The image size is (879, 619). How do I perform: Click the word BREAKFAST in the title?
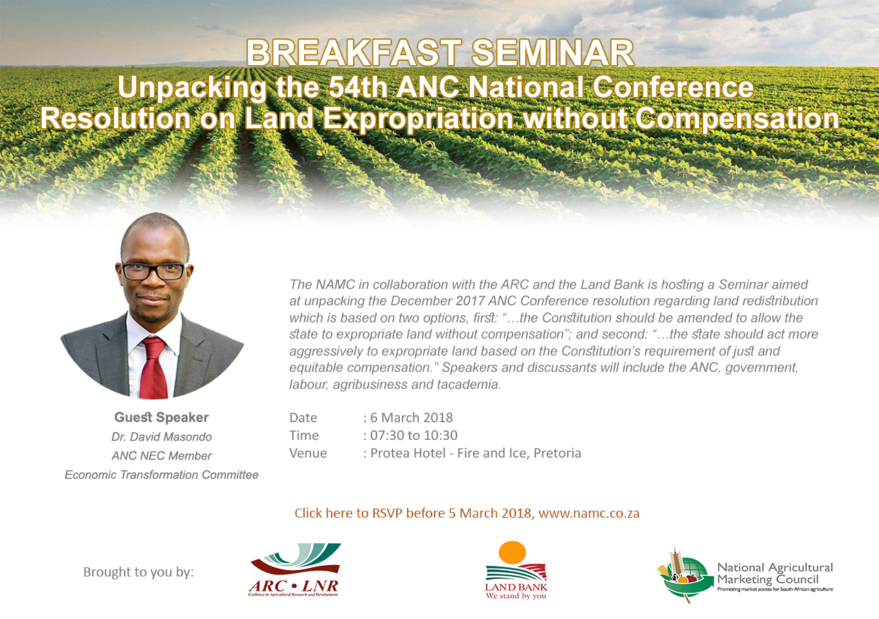(354, 53)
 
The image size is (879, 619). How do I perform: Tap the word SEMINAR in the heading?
(553, 53)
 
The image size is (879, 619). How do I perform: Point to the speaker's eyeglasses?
(154, 271)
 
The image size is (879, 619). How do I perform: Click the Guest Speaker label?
(162, 417)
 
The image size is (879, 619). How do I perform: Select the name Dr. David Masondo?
(162, 437)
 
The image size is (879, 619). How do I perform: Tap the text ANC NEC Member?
(162, 455)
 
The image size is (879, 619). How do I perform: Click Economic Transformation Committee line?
(162, 475)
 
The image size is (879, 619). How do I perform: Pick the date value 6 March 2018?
(412, 417)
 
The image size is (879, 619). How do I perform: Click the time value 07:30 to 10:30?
(414, 435)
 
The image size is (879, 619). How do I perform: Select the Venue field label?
(308, 453)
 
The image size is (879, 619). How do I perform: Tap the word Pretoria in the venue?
(557, 453)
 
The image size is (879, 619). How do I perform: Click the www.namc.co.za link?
(589, 513)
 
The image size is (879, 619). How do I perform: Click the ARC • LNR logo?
(294, 569)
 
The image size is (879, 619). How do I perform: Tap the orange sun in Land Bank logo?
(512, 552)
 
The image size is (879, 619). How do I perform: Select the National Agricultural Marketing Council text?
(775, 574)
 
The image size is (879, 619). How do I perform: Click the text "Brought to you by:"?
(138, 572)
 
